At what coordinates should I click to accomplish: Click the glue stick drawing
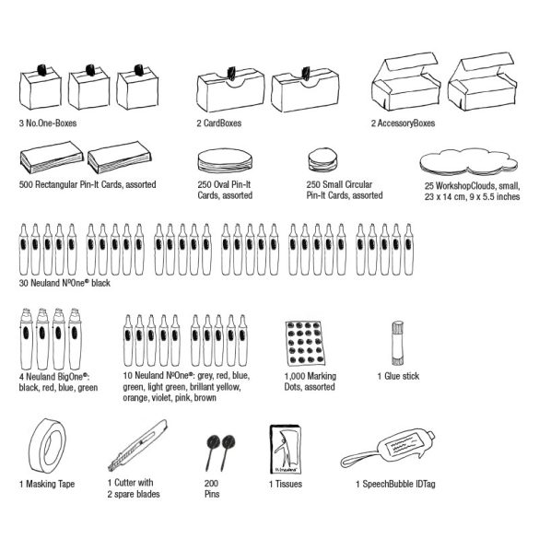coord(398,344)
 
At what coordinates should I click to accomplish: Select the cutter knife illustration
coord(138,445)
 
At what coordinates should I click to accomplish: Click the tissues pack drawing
coord(286,450)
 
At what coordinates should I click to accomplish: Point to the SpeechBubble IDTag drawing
coord(389,448)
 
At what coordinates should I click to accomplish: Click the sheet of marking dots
coord(306,343)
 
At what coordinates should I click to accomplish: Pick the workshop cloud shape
coord(469,162)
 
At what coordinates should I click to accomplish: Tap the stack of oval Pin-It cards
coord(225,161)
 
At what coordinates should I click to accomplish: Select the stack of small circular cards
coord(322,159)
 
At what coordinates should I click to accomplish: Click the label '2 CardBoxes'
coord(219,123)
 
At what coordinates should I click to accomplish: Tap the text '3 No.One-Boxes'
coord(48,123)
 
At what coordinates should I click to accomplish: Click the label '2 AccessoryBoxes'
coord(403,123)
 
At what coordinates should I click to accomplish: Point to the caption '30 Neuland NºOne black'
coord(64,283)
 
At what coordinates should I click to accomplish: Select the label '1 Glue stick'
coord(398,376)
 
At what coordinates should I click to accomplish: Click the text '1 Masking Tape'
coord(47,484)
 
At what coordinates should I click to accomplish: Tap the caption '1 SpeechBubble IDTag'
coord(395,484)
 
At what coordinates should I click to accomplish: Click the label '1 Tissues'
coord(286,484)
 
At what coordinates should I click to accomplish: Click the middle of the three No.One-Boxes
coord(88,87)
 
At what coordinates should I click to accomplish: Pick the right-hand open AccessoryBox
coord(482,82)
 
